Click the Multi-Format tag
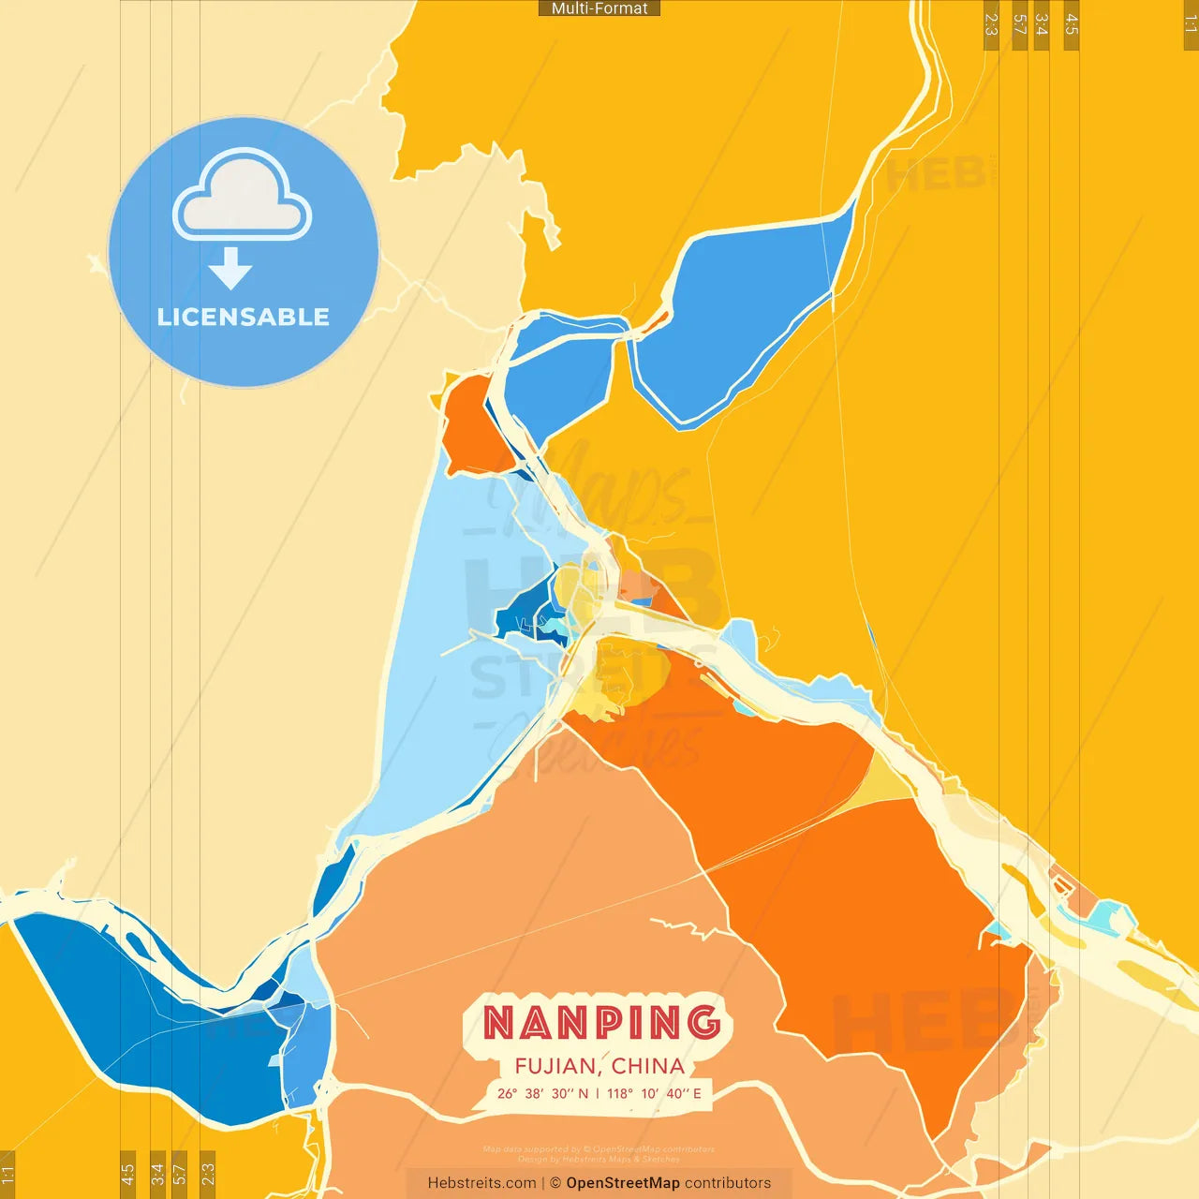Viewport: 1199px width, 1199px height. click(x=599, y=8)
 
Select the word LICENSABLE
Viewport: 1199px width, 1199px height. click(x=244, y=317)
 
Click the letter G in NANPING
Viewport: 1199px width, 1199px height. click(x=703, y=1022)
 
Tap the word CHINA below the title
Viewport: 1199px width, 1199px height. click(x=648, y=1066)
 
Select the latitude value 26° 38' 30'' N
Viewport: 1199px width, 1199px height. click(x=543, y=1093)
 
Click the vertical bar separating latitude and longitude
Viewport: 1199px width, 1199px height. click(x=598, y=1093)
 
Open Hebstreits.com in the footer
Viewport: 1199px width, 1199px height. click(x=481, y=1183)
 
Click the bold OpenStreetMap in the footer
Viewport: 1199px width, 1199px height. click(x=623, y=1183)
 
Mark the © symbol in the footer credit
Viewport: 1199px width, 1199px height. click(x=555, y=1183)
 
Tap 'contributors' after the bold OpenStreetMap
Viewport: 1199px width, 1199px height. click(x=728, y=1183)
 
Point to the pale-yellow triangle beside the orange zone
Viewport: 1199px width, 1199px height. click(x=885, y=782)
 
